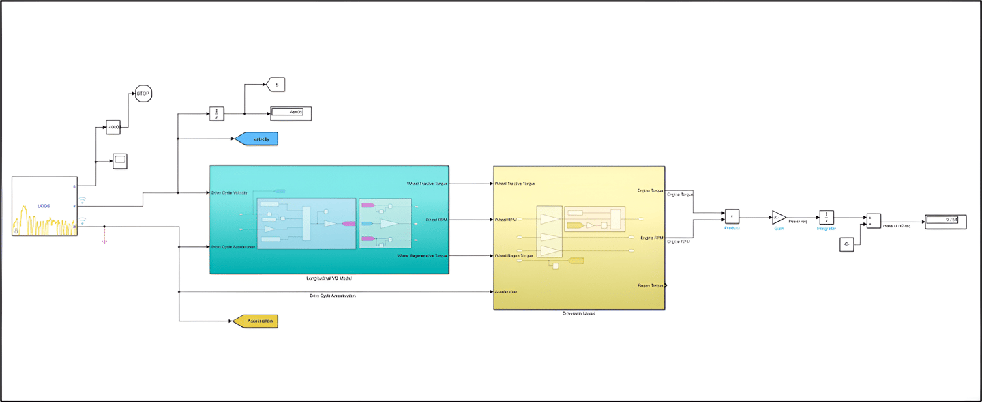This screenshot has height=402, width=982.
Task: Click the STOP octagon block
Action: (x=143, y=94)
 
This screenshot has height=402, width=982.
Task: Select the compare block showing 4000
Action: (x=113, y=127)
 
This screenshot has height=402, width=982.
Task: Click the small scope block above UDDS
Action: (x=120, y=161)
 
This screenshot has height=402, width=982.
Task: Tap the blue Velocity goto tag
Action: (x=256, y=139)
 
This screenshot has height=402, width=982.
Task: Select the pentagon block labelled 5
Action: (x=275, y=85)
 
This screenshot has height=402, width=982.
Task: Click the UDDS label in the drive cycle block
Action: (x=44, y=205)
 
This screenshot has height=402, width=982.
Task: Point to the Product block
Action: (x=732, y=216)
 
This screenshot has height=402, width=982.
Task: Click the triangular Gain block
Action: (x=779, y=218)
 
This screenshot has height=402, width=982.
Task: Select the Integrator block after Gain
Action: (x=827, y=217)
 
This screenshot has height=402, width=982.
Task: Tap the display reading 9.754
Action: (x=945, y=220)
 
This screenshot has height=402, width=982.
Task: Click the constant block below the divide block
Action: (x=846, y=244)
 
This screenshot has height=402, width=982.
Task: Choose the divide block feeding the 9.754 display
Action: (x=874, y=220)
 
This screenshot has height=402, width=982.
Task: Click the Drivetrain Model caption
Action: (x=579, y=314)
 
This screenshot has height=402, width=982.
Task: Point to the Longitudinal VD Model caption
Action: (x=329, y=278)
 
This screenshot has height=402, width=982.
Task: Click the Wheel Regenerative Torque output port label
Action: (x=422, y=256)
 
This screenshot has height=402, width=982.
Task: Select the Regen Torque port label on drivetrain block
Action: (x=651, y=285)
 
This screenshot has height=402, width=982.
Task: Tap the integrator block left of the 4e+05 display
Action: (x=216, y=114)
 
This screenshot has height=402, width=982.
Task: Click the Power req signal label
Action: (x=798, y=222)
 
